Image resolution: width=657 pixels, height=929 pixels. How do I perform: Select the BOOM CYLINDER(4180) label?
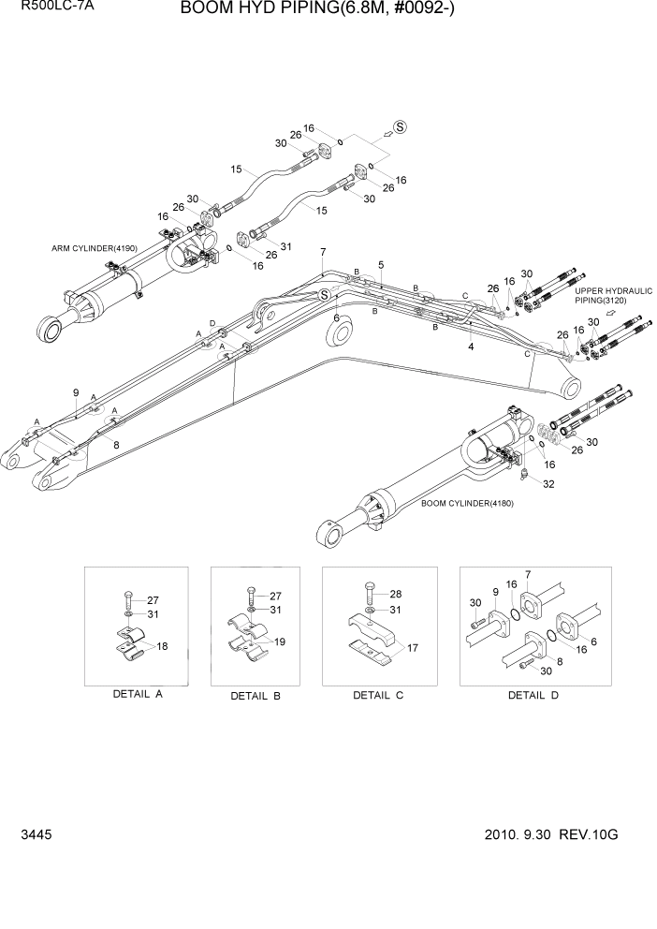pyautogui.click(x=466, y=503)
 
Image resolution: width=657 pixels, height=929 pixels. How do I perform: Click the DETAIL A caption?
pyautogui.click(x=137, y=695)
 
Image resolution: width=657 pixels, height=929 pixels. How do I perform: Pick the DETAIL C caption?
pyautogui.click(x=378, y=695)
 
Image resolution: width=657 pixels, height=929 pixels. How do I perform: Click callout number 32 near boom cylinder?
pyautogui.click(x=548, y=484)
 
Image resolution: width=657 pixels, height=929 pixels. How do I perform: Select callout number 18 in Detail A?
pyautogui.click(x=162, y=646)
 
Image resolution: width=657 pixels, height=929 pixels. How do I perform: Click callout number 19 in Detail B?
pyautogui.click(x=280, y=643)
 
